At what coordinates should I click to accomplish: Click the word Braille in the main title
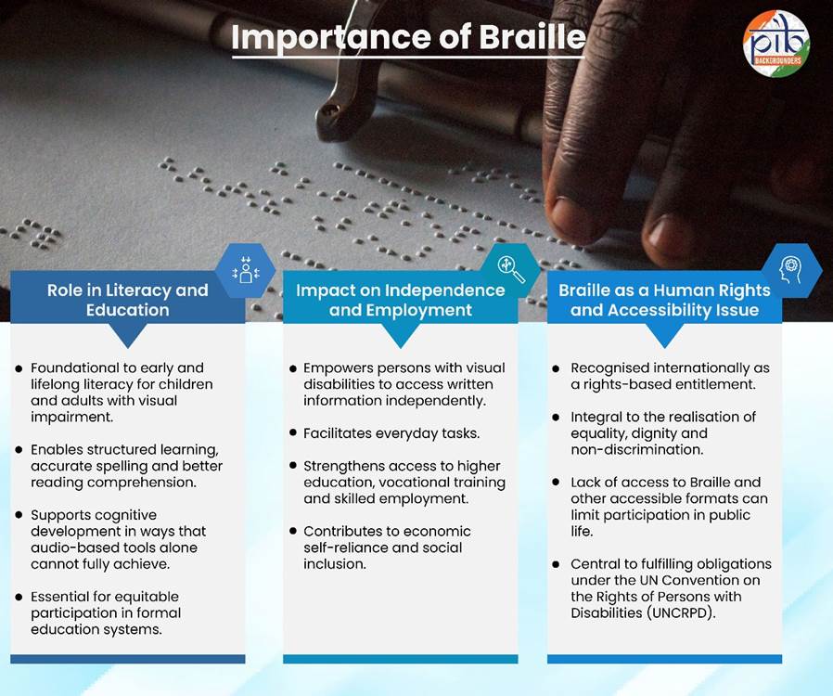point(532,37)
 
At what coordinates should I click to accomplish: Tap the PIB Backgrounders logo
point(776,44)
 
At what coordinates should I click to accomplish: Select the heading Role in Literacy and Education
point(127,300)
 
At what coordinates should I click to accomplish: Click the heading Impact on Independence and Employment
point(401,300)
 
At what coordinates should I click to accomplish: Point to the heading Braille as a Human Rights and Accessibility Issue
point(664,300)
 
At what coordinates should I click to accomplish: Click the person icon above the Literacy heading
point(246,270)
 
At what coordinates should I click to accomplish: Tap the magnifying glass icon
point(511,269)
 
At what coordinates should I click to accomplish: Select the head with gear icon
point(790,270)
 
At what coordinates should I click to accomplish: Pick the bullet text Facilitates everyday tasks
point(391,433)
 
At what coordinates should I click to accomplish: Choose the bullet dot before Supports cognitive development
point(19,515)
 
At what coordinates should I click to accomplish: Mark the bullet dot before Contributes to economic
point(293,531)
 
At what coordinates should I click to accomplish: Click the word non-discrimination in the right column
point(636,449)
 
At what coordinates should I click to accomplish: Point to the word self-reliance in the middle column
point(346,548)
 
